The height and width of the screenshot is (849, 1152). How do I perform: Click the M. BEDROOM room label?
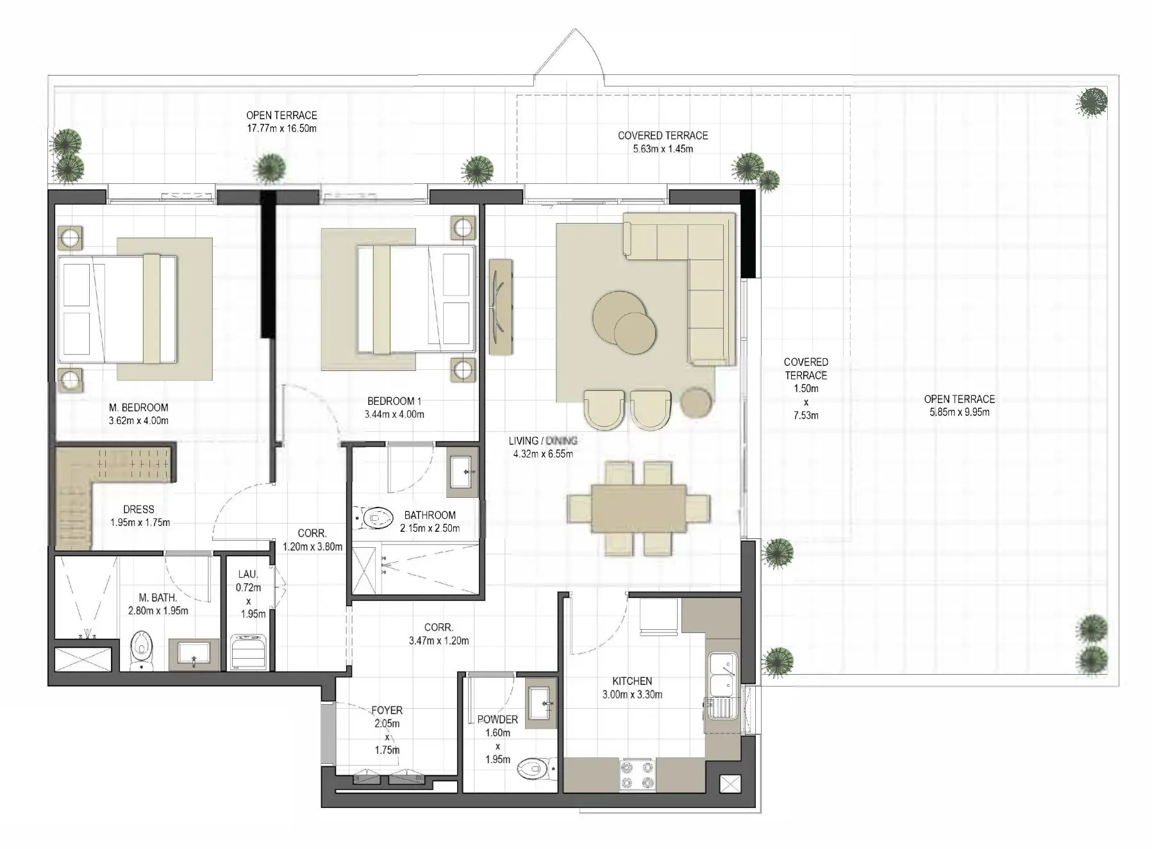pyautogui.click(x=138, y=408)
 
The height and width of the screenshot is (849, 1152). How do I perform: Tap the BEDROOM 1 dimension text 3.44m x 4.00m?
pyautogui.click(x=394, y=415)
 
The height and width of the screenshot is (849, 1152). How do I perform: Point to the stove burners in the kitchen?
pyautogui.click(x=637, y=774)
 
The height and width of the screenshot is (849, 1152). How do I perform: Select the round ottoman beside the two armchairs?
pyautogui.click(x=696, y=402)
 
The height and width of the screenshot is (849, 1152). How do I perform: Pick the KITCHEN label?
pyautogui.click(x=632, y=681)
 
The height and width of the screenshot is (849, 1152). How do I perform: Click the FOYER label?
pyautogui.click(x=387, y=710)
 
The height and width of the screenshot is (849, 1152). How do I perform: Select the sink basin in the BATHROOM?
pyautogui.click(x=462, y=475)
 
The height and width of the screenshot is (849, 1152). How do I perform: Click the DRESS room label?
pyautogui.click(x=139, y=509)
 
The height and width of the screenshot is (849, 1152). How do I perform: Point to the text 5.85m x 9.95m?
pyautogui.click(x=959, y=413)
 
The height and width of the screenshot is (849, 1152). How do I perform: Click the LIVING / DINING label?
pyautogui.click(x=542, y=441)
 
